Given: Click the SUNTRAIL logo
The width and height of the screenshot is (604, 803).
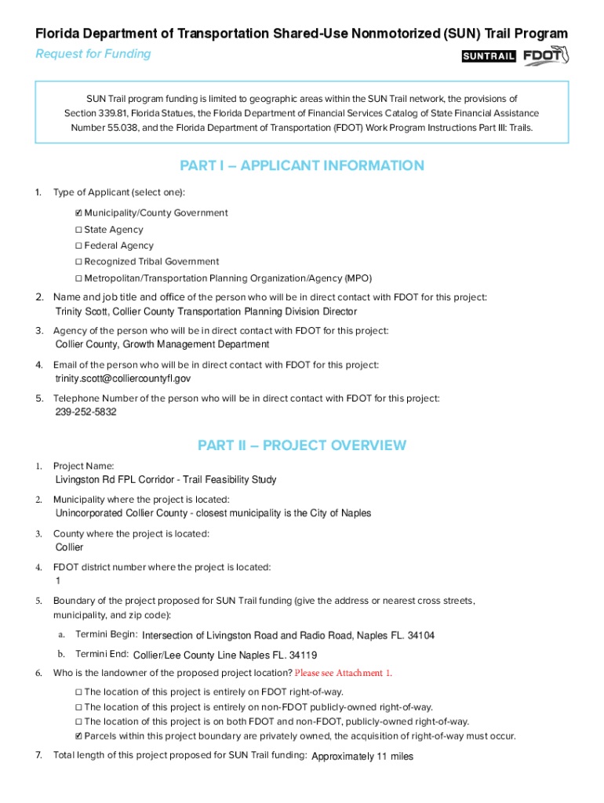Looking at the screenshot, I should [x=488, y=56].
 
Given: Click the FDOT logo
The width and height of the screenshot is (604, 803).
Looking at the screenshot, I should [x=545, y=56].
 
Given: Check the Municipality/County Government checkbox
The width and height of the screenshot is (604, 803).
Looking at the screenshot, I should [x=78, y=213].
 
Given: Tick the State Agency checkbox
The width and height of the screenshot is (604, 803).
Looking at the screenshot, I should [x=78, y=230].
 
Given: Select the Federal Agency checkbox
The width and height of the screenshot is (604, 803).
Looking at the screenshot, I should [x=78, y=246].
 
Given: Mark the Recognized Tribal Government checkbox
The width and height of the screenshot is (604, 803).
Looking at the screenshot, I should [x=78, y=262].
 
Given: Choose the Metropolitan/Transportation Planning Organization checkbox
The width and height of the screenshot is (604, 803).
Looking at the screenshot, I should [x=78, y=278].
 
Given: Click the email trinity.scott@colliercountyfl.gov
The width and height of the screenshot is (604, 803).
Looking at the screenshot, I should [x=123, y=379].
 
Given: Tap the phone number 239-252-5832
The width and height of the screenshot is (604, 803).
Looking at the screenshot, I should [x=86, y=412].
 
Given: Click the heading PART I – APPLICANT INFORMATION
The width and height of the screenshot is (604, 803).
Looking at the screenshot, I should [x=302, y=165].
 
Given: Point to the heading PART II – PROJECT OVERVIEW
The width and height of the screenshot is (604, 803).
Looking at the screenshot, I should [x=302, y=445].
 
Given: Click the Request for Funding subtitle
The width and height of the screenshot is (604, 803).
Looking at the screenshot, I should [x=93, y=53].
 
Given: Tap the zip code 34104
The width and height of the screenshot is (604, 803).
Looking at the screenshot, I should [x=420, y=635].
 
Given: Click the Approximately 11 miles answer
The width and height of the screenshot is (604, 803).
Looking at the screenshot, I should [x=362, y=757].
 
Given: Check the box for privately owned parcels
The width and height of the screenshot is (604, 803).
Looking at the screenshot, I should [x=78, y=736].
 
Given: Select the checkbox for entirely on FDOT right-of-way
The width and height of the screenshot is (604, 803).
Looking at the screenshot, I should [x=78, y=692].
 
